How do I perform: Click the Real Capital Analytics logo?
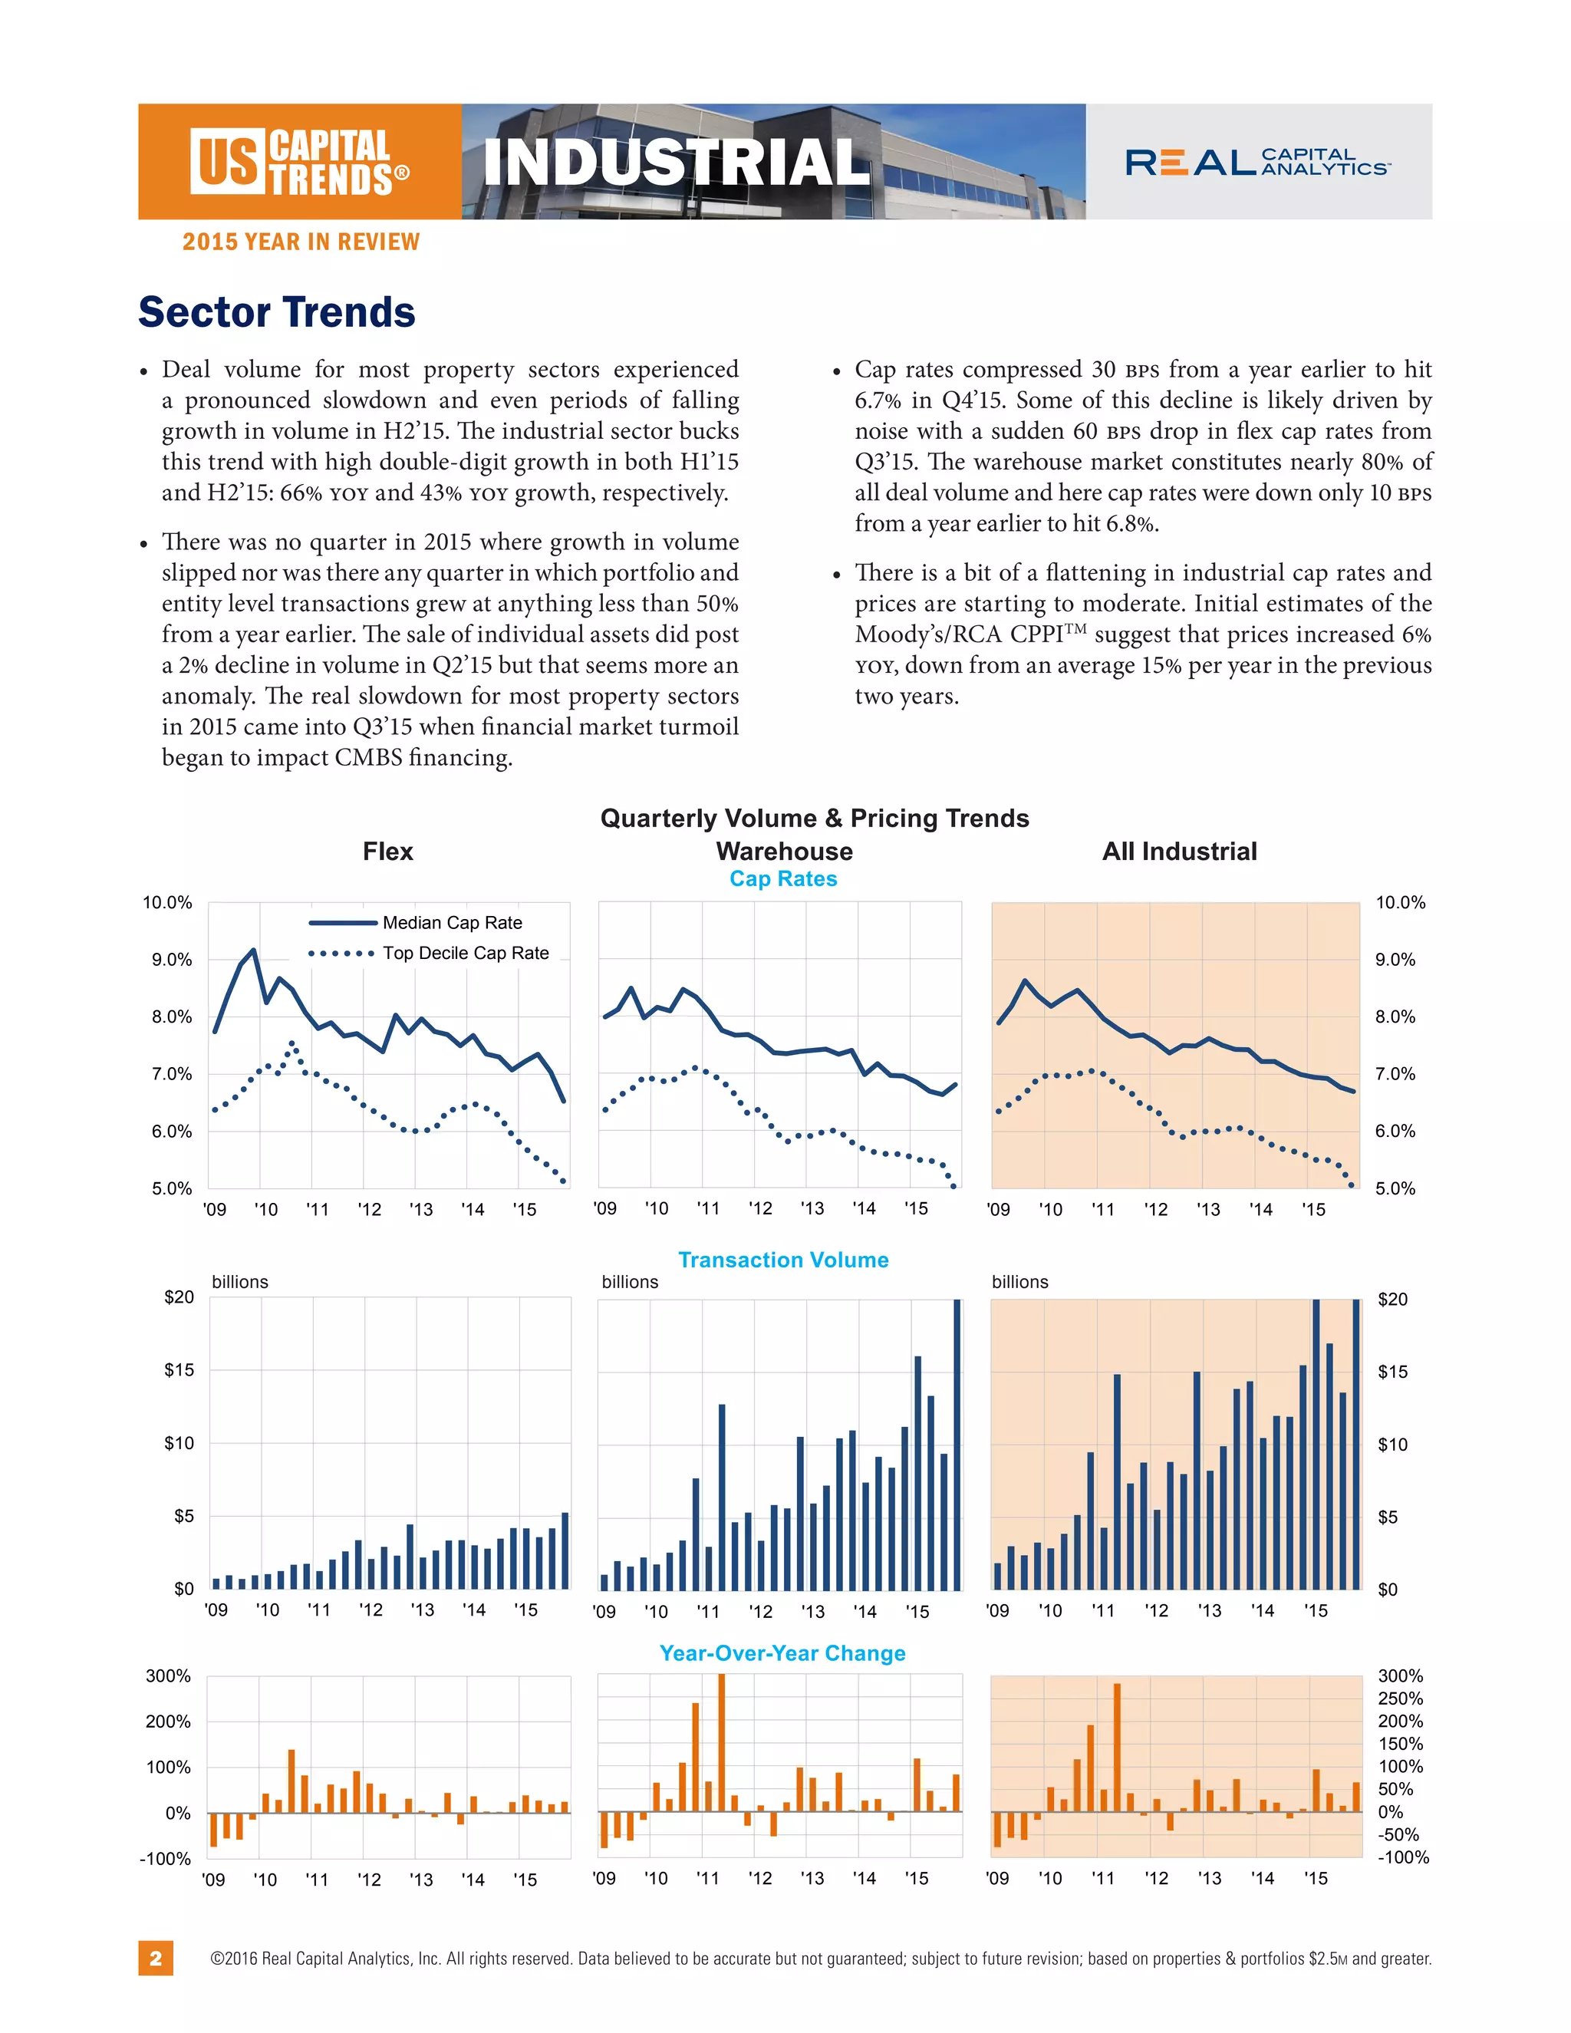coord(1257,162)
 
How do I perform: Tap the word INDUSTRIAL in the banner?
coord(677,162)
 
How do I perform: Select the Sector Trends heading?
coord(276,311)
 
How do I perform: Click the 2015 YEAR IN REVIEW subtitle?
coord(301,242)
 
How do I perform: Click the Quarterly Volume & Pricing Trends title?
coord(815,819)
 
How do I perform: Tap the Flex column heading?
coord(387,851)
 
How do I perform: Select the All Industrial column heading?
coord(1179,851)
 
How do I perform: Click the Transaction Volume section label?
coord(782,1260)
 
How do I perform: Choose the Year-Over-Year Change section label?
coord(782,1653)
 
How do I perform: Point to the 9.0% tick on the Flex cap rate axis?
coord(172,960)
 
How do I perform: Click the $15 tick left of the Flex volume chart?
coord(179,1369)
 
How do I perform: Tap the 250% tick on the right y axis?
coord(1400,1698)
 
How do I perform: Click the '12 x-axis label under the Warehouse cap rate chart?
coord(760,1208)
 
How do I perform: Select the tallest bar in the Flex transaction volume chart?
coord(565,1550)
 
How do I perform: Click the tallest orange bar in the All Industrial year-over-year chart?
coord(1117,1746)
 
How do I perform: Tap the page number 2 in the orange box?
coord(156,1958)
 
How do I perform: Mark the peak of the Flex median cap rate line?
coord(253,951)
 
